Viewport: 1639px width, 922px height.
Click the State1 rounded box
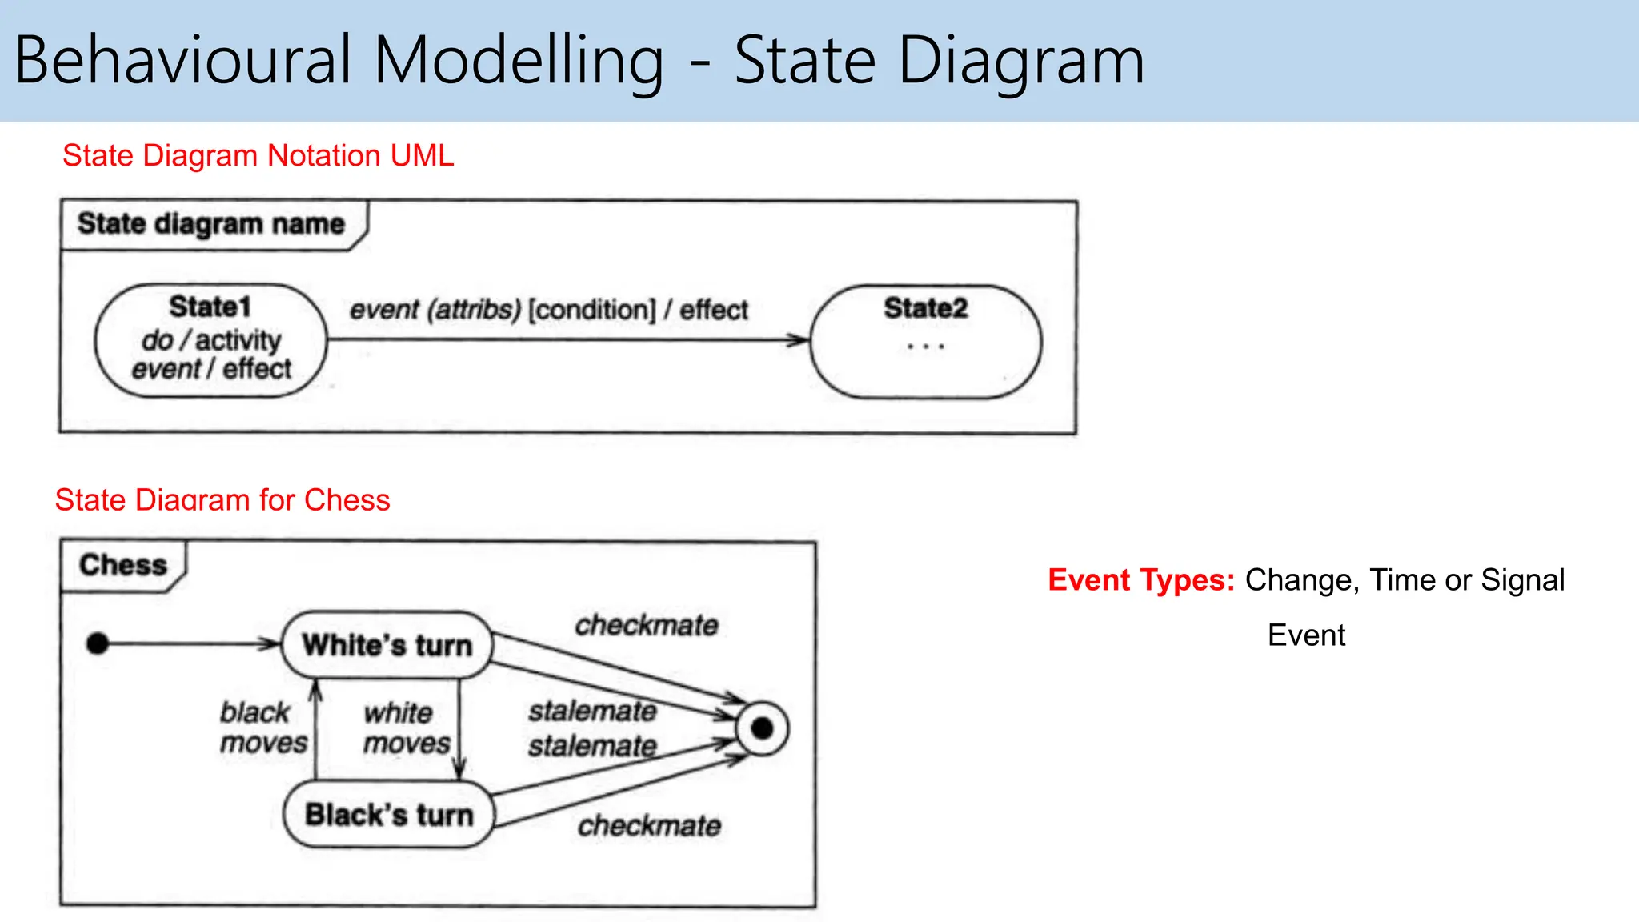pos(210,340)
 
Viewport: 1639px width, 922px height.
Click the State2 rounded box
pos(926,342)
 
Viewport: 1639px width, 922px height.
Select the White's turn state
pos(387,645)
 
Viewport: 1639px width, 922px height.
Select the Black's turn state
pos(389,815)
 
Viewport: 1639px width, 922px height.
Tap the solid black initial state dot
pos(98,643)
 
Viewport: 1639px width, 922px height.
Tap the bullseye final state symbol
pos(763,728)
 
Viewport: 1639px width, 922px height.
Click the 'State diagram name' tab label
pos(210,224)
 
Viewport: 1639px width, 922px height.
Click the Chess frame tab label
pos(123,565)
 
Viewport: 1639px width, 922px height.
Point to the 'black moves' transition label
pos(262,727)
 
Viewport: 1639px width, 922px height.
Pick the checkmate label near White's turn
pos(647,625)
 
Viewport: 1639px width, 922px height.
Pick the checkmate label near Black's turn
pos(649,825)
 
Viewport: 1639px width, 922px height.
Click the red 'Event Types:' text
pos(1141,580)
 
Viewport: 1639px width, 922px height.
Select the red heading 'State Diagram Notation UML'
pos(258,155)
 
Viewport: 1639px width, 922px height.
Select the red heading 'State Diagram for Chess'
pos(222,500)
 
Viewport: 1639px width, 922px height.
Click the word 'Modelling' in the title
pos(519,61)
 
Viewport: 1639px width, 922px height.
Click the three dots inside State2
pos(926,347)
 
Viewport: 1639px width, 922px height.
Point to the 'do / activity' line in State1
pos(211,340)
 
